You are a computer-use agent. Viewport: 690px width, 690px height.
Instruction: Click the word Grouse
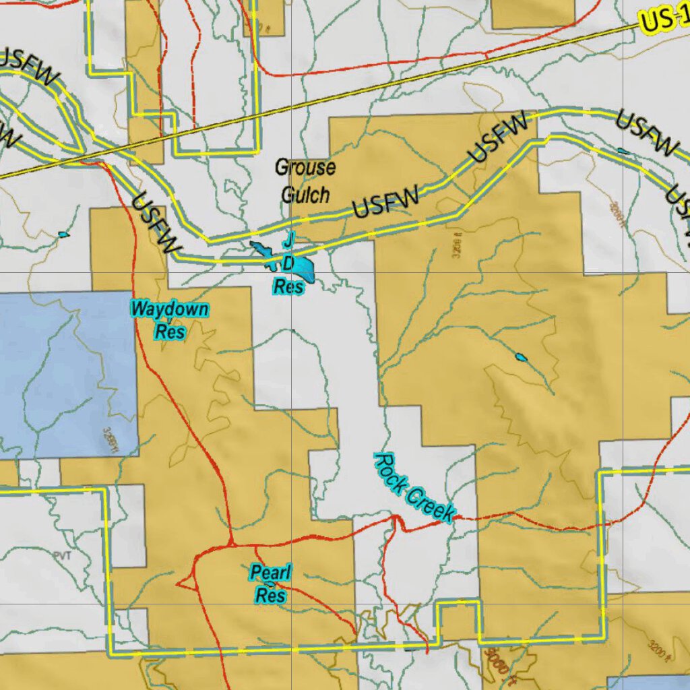[305, 167]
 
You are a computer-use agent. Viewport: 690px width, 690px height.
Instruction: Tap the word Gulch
[305, 195]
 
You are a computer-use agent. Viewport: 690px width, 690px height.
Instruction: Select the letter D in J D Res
[288, 262]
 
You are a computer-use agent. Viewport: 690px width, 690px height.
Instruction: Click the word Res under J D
[288, 286]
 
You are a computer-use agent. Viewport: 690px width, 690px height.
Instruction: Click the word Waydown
[170, 310]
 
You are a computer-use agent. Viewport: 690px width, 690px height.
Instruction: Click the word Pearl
[271, 573]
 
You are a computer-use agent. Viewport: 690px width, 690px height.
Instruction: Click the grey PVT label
[62, 554]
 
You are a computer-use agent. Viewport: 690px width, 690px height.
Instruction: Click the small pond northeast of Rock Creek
[521, 356]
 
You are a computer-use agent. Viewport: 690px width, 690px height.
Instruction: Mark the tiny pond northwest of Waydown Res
[63, 234]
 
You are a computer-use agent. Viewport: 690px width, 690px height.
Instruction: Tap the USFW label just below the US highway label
[646, 133]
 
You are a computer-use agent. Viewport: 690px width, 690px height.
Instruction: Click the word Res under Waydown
[170, 332]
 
